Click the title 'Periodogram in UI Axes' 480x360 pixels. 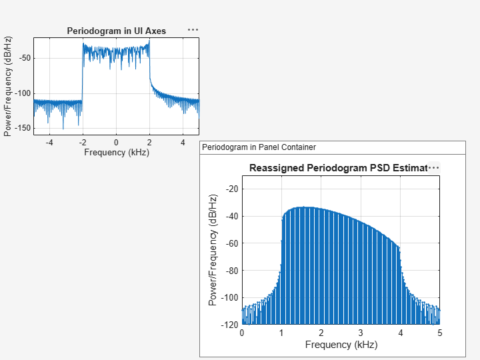tap(117, 31)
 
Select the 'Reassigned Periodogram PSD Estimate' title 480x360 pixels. tap(337, 168)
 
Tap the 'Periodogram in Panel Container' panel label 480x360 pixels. tap(259, 147)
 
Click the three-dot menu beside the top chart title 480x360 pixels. tap(193, 30)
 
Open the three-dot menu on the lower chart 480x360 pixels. tap(434, 168)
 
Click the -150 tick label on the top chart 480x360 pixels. tap(22, 128)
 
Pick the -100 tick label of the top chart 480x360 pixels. tap(22, 93)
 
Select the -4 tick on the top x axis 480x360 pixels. tap(49, 142)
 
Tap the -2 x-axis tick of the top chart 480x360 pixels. tap(82, 142)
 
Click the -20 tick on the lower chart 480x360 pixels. tap(231, 189)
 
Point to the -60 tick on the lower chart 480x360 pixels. tap(231, 243)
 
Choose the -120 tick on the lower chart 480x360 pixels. tap(229, 325)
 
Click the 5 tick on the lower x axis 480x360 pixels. tap(440, 333)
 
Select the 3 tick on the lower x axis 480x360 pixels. tap(361, 333)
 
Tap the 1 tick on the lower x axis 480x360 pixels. tap(281, 333)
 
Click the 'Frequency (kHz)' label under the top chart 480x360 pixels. tap(117, 152)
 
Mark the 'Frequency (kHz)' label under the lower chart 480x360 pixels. tap(341, 345)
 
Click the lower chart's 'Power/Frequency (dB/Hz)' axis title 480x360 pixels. tap(213, 250)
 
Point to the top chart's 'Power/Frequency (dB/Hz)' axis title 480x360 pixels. tap(8, 85)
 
